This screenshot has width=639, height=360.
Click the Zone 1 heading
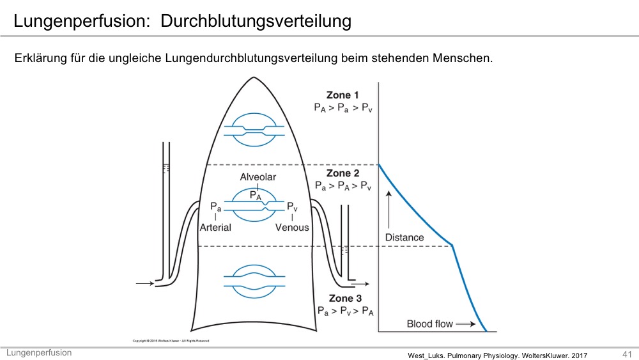coord(343,95)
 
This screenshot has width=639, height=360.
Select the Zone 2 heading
coord(343,173)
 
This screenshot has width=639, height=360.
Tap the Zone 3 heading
coord(345,299)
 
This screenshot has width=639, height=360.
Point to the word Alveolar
coord(258,177)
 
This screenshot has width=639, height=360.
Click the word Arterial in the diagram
coord(215,228)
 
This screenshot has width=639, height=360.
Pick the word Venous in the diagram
coord(292,228)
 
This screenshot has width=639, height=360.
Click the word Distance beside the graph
coord(404,237)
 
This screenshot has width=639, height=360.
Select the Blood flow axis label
coord(429,324)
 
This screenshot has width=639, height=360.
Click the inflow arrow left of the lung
coord(144,283)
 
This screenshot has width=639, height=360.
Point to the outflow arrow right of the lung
coord(360,283)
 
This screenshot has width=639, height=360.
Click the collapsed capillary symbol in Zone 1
coord(254,130)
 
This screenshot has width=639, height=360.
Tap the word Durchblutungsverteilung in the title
coord(256,21)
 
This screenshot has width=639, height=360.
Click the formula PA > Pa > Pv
coord(343,108)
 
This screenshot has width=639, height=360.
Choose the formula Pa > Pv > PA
coord(345,311)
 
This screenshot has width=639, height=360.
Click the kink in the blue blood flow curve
coord(452,245)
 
